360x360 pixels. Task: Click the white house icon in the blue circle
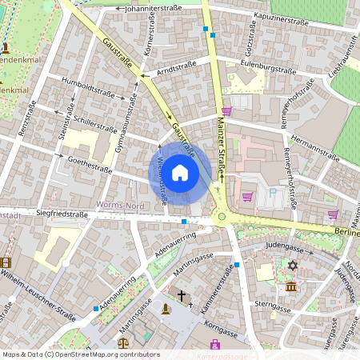pos(180,173)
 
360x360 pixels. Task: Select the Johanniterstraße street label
pos(153,9)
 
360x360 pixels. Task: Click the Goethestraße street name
pos(88,162)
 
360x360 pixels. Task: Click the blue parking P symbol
pos(272,193)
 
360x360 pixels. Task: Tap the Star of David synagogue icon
pos(292,265)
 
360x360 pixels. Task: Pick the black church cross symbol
pos(182,295)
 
